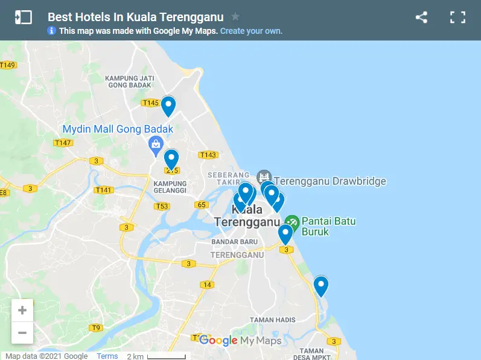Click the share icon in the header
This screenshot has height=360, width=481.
click(421, 18)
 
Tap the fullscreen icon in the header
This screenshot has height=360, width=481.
click(457, 18)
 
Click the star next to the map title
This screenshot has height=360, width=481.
click(235, 17)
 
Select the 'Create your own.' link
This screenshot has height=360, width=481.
click(251, 31)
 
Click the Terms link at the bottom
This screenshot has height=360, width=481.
click(107, 356)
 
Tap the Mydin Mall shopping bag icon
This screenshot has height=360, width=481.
click(156, 144)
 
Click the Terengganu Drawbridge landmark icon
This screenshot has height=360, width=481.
click(264, 177)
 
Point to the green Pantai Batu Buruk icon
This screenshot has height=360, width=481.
click(292, 222)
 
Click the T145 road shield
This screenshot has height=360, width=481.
click(150, 103)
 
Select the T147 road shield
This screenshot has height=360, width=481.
click(63, 143)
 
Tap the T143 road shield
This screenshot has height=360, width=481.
click(208, 155)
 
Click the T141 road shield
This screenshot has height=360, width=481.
click(103, 190)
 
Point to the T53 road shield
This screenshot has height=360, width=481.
click(161, 206)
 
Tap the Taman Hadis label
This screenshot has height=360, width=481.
click(272, 320)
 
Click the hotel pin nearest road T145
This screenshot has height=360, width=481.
click(168, 106)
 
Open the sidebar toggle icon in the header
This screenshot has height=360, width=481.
click(23, 18)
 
